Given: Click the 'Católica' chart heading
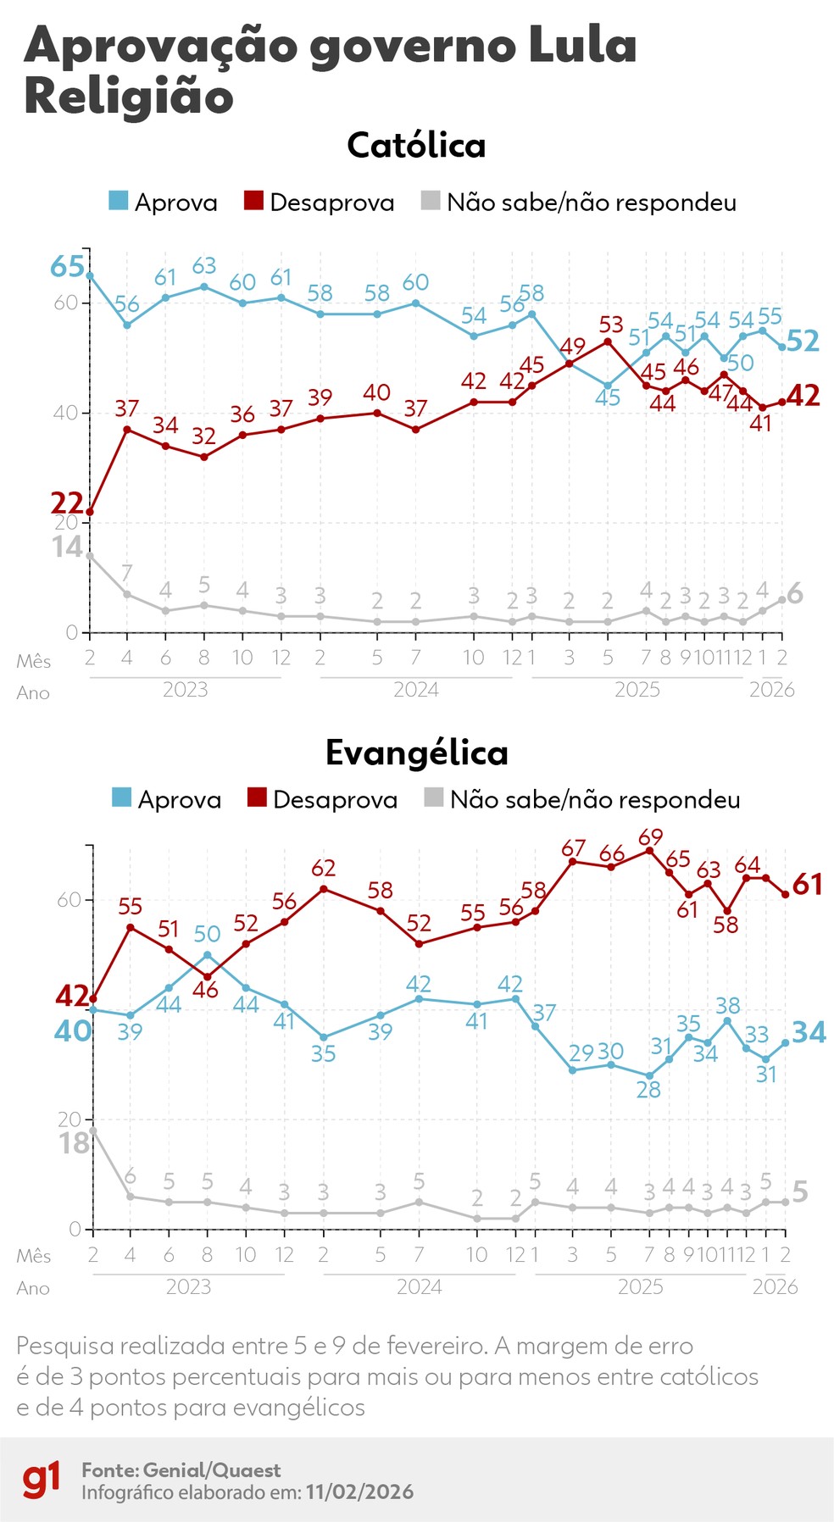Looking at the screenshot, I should pos(416,146).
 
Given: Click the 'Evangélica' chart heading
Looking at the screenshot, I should pos(416,753).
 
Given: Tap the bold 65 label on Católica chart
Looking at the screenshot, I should pos(68,267).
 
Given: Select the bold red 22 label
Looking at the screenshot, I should pos(67,503).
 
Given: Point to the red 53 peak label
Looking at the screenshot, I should pos(611,325).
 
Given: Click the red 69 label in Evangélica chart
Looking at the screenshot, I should pos(650,837).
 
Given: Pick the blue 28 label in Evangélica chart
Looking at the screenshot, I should pos(648,1090).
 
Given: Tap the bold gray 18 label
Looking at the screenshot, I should pos(74,1144).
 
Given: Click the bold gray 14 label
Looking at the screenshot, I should pos(68,547).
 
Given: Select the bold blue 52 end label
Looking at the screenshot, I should pos(803,341).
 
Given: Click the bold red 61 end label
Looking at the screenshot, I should pos(808,885).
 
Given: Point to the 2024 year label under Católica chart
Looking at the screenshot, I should pos(416,690).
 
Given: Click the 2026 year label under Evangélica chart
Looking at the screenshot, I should pos(775,1286).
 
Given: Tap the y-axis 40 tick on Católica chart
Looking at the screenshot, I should pos(66,414).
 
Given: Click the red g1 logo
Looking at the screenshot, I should pos(42,1479).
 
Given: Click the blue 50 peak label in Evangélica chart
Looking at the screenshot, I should pos(207,934).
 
